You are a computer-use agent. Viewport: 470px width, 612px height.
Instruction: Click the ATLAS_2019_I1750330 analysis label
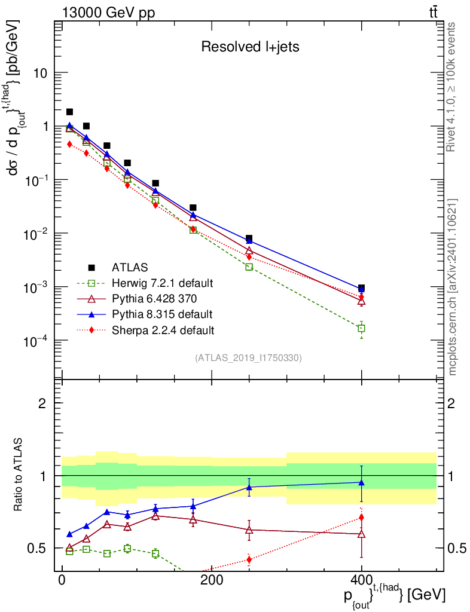(x=248, y=358)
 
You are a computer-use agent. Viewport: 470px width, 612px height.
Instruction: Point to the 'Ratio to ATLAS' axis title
(x=19, y=476)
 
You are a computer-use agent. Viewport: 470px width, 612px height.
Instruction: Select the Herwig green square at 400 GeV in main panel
(x=361, y=329)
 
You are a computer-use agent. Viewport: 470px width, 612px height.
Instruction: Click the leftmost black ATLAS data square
(x=69, y=112)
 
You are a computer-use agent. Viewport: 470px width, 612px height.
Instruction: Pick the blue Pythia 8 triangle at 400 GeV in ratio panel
(x=361, y=482)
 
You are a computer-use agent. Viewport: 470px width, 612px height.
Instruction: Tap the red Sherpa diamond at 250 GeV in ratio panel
(x=249, y=560)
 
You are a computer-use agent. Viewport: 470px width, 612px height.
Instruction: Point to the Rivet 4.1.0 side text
(x=453, y=87)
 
